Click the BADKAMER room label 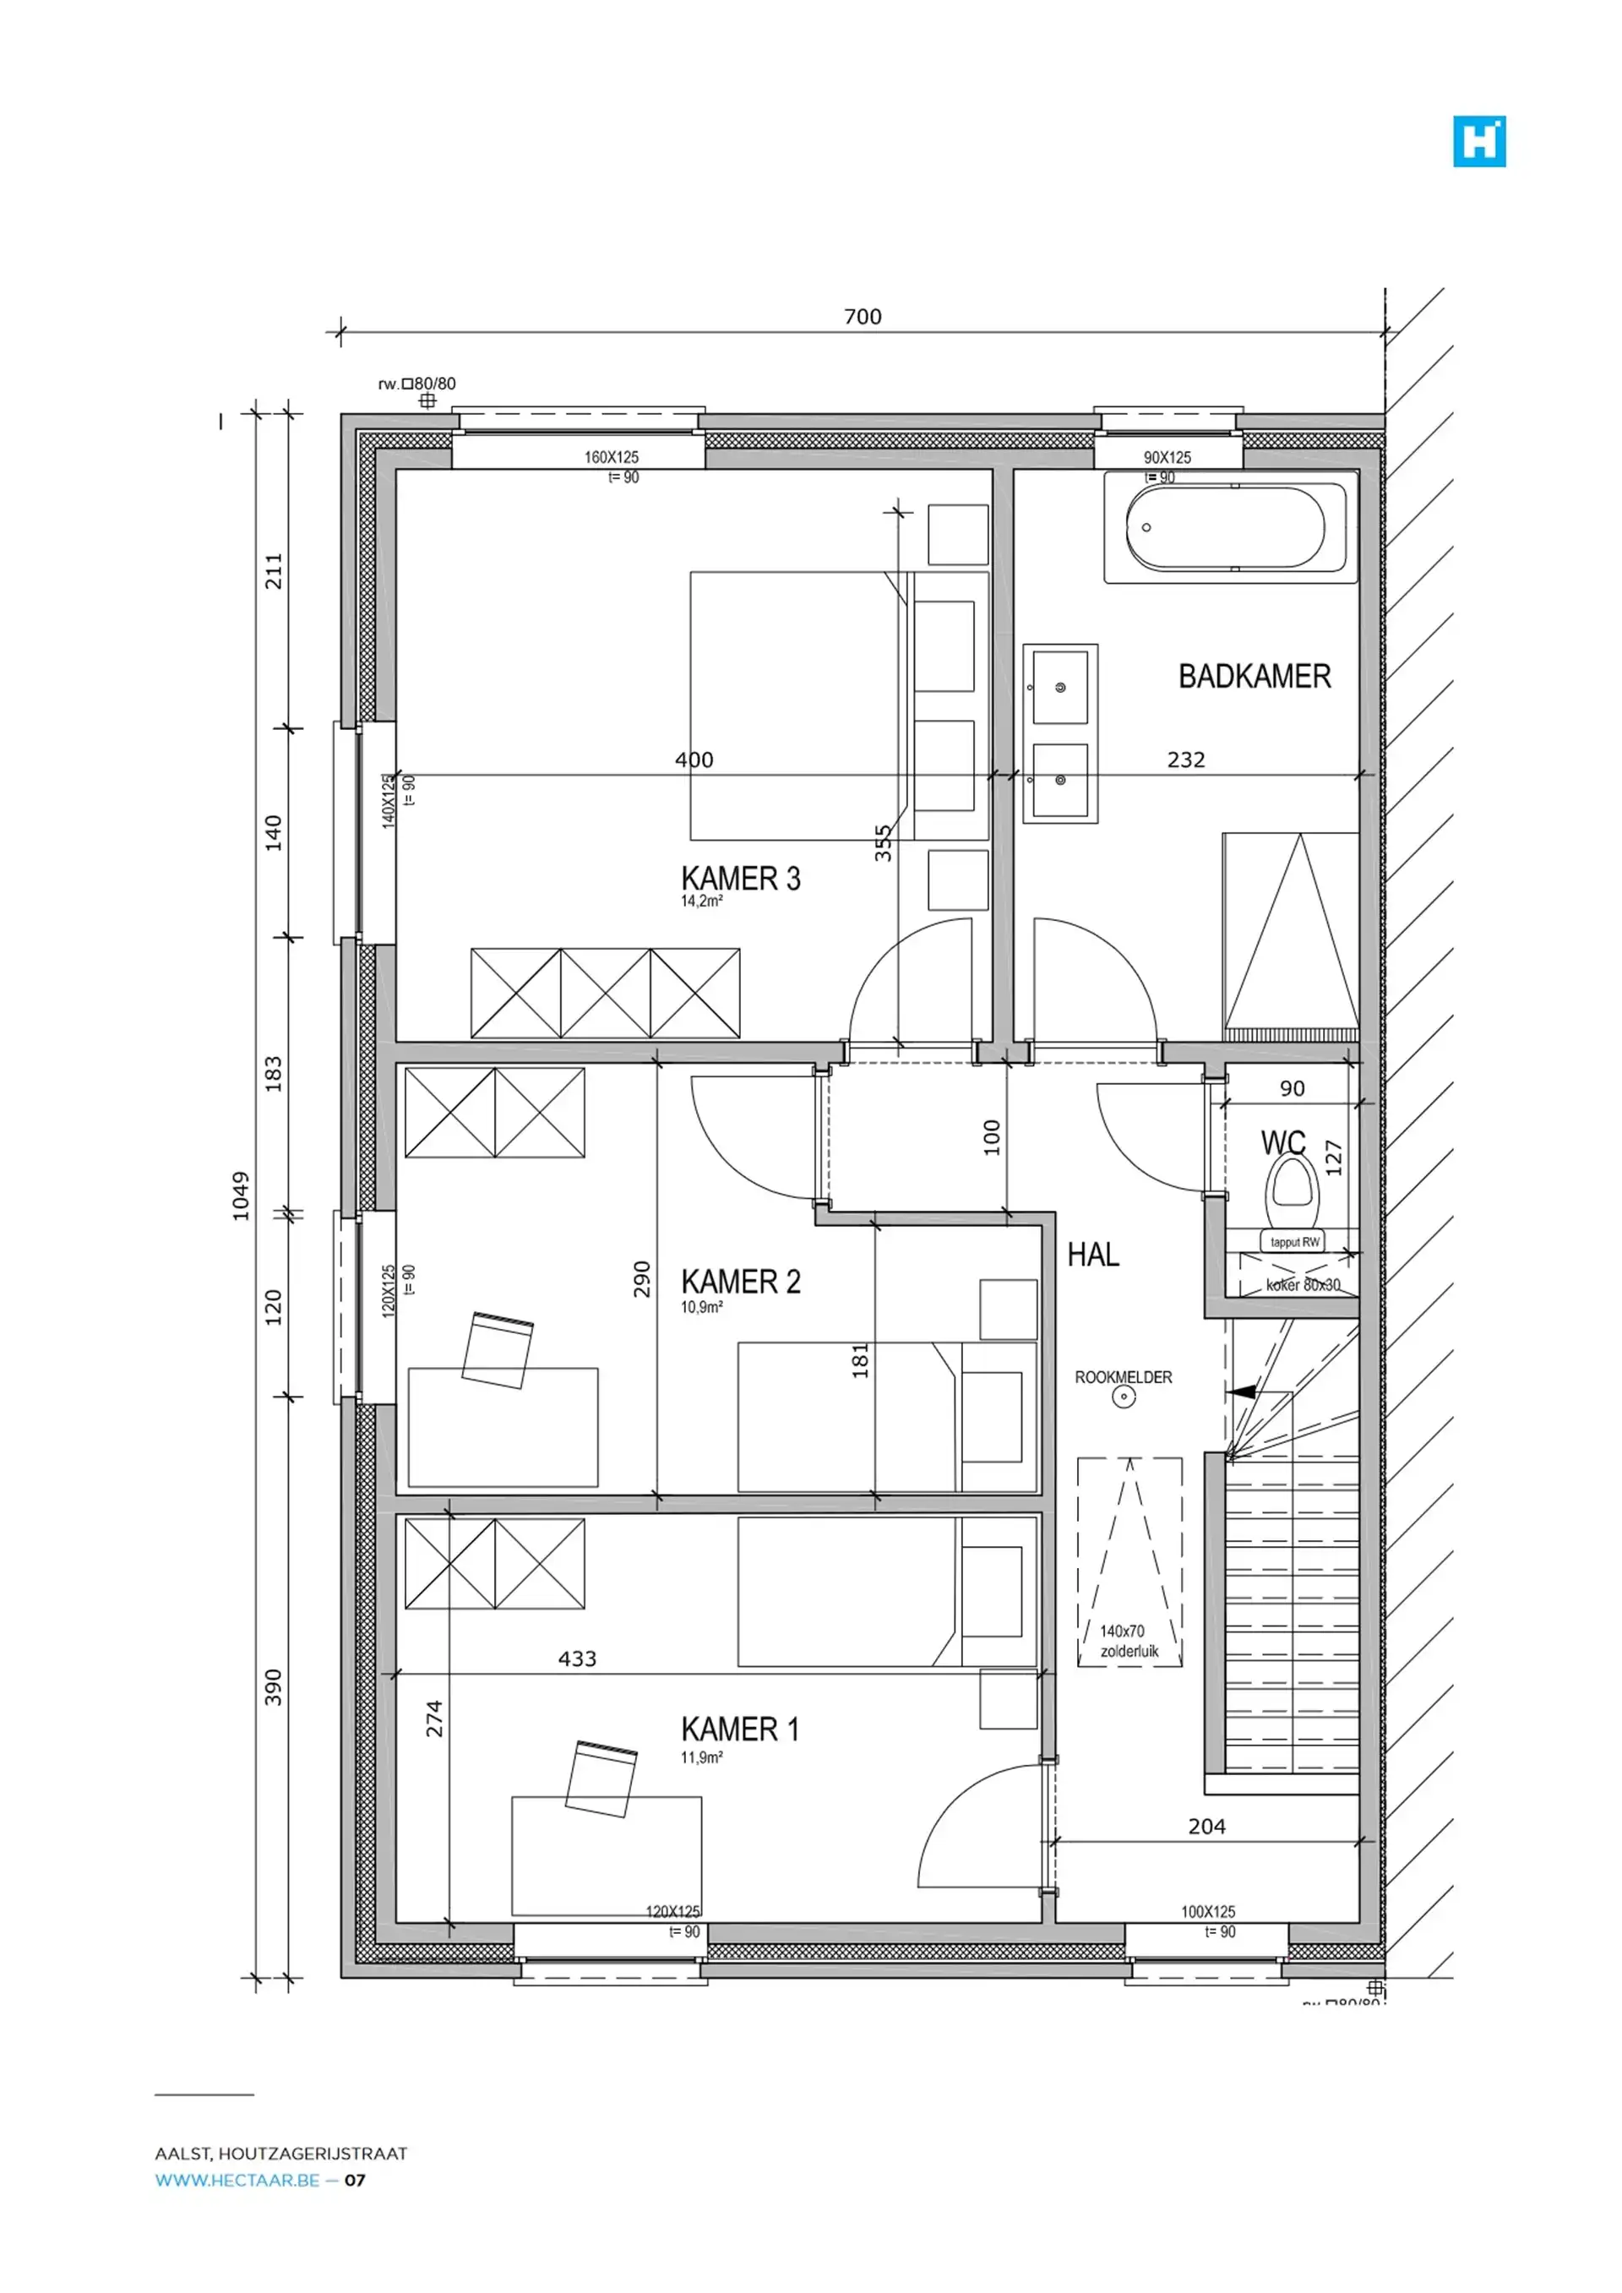point(1254,676)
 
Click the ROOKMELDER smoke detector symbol point(1124,1398)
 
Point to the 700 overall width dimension point(862,317)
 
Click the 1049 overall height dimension point(241,1196)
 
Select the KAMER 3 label point(740,878)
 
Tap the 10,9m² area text point(701,1307)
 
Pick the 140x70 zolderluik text point(1129,1642)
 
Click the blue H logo point(1478,142)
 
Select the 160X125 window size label point(612,457)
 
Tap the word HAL point(1092,1255)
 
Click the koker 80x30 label point(1303,1285)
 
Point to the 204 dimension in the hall point(1206,1827)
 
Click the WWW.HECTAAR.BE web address point(237,2180)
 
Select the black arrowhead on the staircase point(1242,1392)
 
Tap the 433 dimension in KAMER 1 point(576,1658)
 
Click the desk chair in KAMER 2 point(498,1350)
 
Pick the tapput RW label point(1294,1242)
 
